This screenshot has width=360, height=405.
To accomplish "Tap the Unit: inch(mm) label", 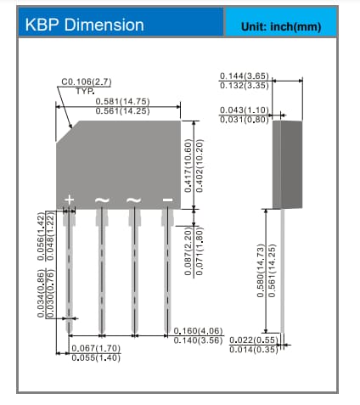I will point(281,25).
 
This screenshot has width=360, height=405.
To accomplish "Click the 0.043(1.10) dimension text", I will point(245,110).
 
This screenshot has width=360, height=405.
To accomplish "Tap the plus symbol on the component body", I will point(70,200).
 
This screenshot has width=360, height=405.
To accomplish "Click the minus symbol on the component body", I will point(167,200).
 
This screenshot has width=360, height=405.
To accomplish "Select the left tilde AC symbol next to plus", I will point(101,200).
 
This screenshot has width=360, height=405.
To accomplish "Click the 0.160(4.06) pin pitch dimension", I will point(198,331).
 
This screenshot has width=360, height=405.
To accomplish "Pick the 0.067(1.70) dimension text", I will point(95,348).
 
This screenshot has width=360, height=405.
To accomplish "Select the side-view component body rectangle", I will point(286,164).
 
